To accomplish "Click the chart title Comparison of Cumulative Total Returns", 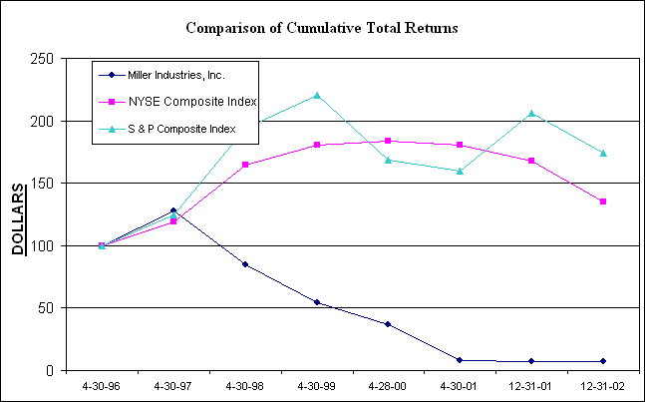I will [x=322, y=28].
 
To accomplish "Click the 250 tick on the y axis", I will [x=42, y=59].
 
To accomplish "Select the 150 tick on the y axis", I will [x=42, y=184].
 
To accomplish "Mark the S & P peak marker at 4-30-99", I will [x=317, y=95].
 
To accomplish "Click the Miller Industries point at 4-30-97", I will [x=173, y=210].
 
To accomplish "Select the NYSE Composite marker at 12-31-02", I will [x=603, y=201].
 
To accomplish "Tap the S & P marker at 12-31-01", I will [x=531, y=113].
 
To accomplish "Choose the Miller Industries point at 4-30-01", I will [x=460, y=360].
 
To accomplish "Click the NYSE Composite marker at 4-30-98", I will [x=245, y=165].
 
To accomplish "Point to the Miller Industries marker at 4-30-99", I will [x=317, y=302].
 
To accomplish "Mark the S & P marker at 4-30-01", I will [x=460, y=171].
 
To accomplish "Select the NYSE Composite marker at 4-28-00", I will [x=388, y=141].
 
